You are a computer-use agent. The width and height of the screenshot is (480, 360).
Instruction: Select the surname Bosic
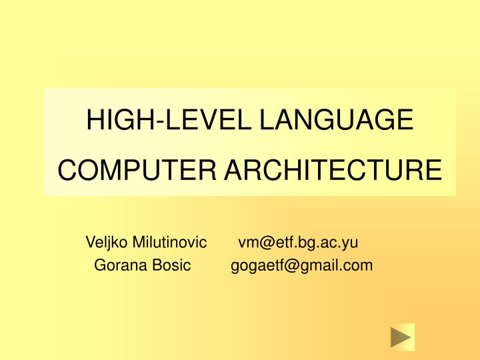tap(173, 265)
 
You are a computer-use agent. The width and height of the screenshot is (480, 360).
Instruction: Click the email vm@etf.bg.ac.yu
tap(298, 241)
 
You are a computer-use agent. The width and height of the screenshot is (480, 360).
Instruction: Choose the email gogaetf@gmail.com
tap(301, 266)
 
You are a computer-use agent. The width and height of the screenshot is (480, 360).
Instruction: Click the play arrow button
tap(402, 337)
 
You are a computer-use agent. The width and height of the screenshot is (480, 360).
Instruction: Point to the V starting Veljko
tap(90, 241)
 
